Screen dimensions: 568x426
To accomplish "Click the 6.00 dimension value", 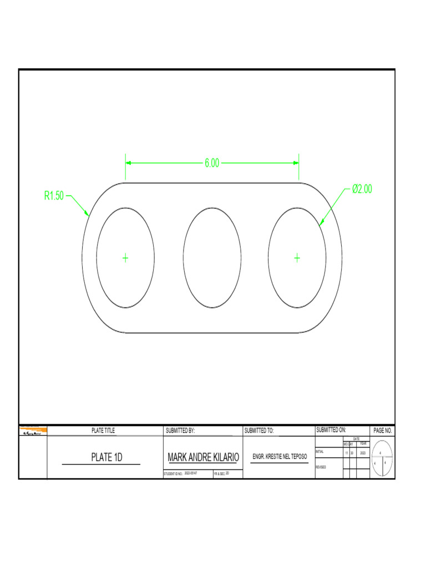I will tap(212, 163).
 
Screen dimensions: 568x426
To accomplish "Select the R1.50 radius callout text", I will tap(54, 195).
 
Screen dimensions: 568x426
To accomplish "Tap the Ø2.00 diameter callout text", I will tap(362, 189).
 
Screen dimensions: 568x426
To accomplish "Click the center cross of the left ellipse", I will tap(125, 257).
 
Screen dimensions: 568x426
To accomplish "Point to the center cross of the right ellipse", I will tap(297, 257).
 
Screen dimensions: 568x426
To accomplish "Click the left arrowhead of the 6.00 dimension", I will tap(129, 163).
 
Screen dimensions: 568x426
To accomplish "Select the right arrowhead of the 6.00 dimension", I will tap(296, 163).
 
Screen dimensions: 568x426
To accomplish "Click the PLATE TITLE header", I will tap(103, 430).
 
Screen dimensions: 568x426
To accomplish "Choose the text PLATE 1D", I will tap(106, 458).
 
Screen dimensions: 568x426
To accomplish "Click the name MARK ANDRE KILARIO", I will tap(203, 458).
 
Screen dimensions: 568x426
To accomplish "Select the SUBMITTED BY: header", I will tap(180, 430).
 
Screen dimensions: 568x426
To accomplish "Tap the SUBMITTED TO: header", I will tap(259, 430).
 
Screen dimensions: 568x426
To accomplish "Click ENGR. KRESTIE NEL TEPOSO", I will tap(280, 457).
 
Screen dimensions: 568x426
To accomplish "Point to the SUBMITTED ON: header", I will tap(331, 430).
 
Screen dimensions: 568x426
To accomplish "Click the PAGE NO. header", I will tap(383, 430).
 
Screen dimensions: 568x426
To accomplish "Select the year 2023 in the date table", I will tap(363, 453).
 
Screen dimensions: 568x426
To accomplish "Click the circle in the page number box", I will tap(383, 458).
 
